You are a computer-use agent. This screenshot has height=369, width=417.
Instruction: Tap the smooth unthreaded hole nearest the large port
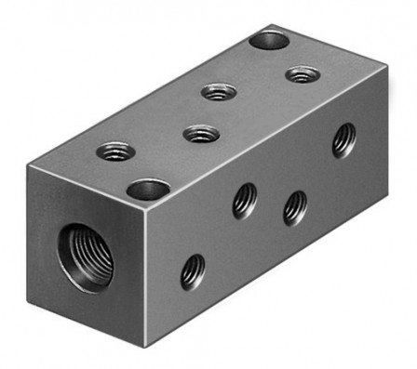click(148, 191)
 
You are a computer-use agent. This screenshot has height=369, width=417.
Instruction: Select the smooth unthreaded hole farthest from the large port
click(270, 40)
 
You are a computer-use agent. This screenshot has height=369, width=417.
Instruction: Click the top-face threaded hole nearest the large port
click(116, 150)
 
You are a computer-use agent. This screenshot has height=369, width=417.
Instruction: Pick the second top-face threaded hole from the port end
click(201, 134)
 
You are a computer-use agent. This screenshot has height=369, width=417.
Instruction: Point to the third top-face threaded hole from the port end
click(219, 91)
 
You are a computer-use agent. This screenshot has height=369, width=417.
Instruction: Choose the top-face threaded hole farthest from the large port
click(303, 73)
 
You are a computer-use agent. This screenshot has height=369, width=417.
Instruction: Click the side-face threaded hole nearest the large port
click(193, 271)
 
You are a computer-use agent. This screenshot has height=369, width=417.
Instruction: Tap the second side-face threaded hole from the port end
click(245, 200)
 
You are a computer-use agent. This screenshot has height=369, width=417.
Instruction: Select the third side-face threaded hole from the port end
click(295, 207)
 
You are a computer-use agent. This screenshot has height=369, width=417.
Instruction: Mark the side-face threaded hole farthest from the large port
click(344, 139)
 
